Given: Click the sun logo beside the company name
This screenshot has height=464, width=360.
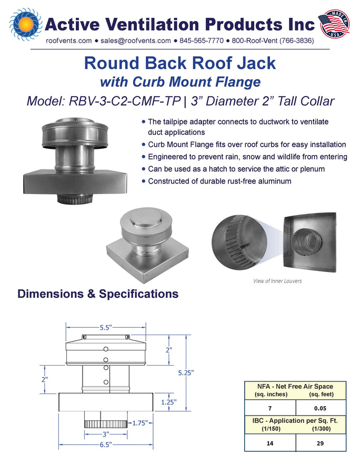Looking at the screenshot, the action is [x=26, y=24].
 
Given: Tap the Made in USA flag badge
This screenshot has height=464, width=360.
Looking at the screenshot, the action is [x=334, y=24].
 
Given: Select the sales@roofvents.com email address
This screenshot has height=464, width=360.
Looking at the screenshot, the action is [x=136, y=41].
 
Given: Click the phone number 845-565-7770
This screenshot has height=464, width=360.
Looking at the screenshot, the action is [x=201, y=41].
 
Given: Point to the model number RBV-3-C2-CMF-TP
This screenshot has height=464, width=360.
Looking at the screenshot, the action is [x=125, y=101].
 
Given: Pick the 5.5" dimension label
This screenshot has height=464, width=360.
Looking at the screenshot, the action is [x=106, y=328].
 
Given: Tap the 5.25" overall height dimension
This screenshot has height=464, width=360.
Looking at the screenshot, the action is [x=186, y=373].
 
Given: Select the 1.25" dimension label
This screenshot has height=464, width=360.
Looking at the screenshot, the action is [x=169, y=402].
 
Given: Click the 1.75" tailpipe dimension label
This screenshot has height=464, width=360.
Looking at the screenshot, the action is [x=140, y=423].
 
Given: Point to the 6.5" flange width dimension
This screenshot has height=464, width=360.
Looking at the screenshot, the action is [x=106, y=445].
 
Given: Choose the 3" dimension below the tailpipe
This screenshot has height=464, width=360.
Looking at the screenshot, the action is [x=106, y=435].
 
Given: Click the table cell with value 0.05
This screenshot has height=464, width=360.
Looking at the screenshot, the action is [x=321, y=408].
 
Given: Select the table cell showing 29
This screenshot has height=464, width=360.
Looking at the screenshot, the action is [x=321, y=443].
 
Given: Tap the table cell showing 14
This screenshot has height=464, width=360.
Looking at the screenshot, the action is [x=270, y=443].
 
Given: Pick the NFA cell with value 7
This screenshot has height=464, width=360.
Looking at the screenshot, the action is [x=270, y=408].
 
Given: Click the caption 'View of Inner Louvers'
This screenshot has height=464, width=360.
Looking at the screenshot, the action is [x=277, y=281].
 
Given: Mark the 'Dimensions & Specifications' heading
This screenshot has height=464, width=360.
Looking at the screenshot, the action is [x=98, y=294].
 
